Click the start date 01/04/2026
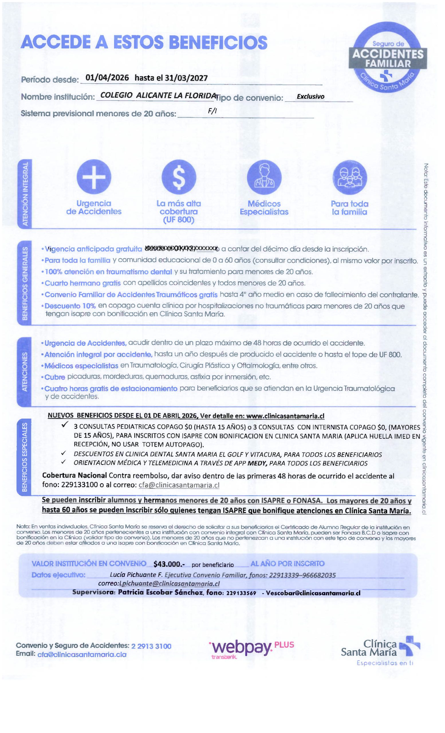(x=107, y=78)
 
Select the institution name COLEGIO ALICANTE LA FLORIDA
(x=158, y=96)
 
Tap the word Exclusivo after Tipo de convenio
(x=310, y=96)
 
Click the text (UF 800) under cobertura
(x=178, y=220)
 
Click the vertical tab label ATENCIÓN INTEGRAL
(x=25, y=193)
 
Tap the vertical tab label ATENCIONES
(x=25, y=372)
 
